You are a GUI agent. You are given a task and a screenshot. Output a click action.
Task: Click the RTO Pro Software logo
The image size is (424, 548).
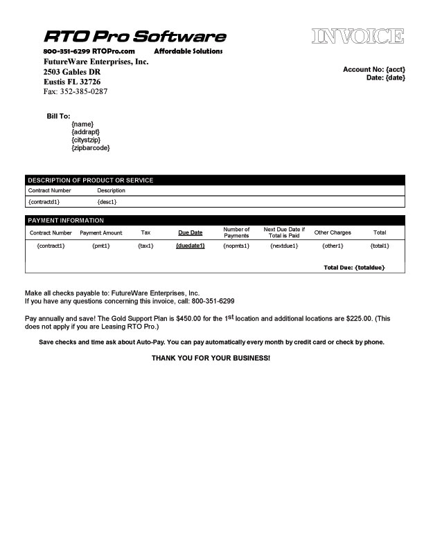(135, 37)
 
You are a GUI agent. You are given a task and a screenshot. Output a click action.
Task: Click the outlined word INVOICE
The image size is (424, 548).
(357, 37)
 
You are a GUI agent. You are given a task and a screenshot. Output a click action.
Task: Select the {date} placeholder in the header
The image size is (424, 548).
(395, 77)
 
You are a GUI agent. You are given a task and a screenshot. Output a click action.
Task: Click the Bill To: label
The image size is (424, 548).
(59, 116)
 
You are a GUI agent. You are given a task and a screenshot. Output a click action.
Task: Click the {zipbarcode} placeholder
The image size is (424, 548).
(90, 148)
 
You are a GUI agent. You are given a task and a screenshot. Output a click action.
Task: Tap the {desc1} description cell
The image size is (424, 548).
(107, 201)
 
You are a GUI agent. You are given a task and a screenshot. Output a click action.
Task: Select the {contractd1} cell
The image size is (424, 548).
(44, 201)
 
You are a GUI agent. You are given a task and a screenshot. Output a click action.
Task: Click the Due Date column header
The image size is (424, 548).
(191, 232)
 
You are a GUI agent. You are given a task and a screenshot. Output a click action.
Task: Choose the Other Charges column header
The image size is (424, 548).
(333, 232)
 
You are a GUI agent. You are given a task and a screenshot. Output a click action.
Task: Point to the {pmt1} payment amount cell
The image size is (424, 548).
(101, 246)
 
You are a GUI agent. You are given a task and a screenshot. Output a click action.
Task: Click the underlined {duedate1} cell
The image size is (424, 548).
(191, 246)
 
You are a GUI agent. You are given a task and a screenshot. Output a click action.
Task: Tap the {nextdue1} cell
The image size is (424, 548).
(284, 246)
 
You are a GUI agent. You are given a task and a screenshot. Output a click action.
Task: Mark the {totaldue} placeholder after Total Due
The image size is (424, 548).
(369, 267)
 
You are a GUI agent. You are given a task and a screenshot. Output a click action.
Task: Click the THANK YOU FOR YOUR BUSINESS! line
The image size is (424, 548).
(211, 358)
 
